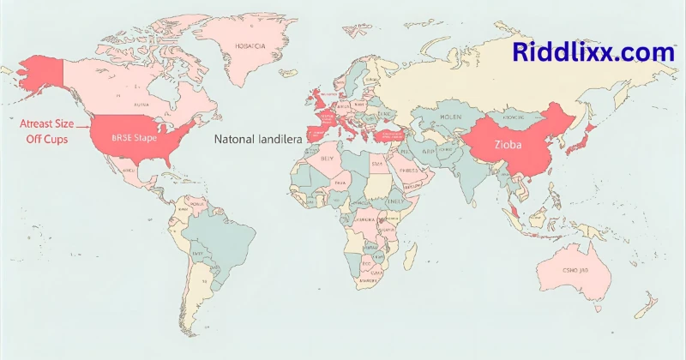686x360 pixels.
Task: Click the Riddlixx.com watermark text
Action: [x=593, y=52]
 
